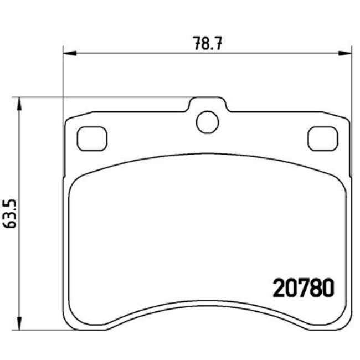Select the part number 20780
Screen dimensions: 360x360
[x=302, y=287]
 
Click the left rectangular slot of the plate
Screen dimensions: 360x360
[x=92, y=138]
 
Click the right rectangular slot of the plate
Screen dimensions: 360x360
[x=323, y=138]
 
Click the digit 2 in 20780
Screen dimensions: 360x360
[x=280, y=287]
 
